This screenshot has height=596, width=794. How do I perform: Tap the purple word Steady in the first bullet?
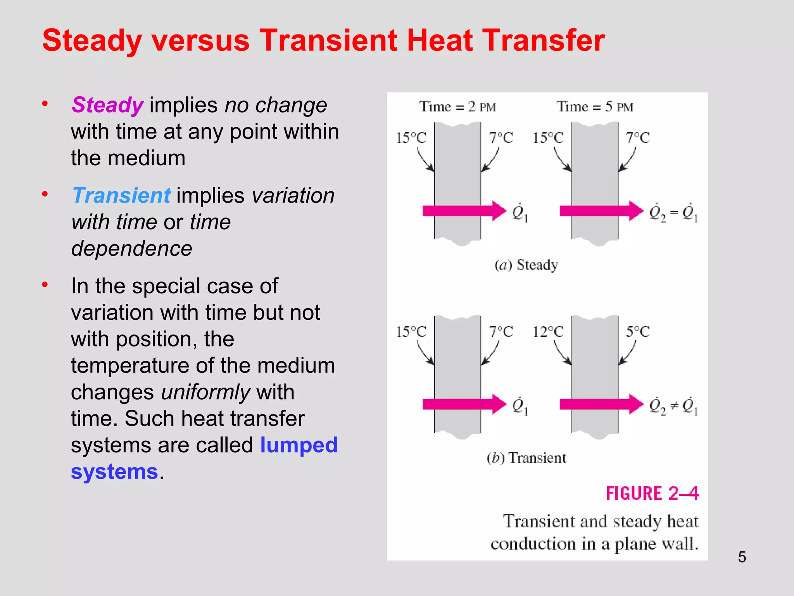coord(107,105)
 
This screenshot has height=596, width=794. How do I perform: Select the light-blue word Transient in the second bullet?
coord(121,195)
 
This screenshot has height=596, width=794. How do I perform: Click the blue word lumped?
coord(299,445)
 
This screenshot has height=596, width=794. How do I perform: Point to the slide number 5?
coord(742,557)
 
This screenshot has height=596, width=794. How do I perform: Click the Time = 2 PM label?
coord(457,107)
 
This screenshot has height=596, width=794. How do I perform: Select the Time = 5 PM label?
coord(595,107)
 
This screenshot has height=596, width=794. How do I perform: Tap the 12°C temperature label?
coord(548,332)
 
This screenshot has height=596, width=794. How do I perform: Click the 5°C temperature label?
coord(638,332)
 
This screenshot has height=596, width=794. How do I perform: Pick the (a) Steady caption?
coord(526,265)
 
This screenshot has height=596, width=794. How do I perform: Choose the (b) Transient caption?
coord(526,458)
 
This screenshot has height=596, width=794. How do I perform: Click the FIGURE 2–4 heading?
coord(652,494)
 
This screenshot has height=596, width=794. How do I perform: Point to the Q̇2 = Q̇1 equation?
coord(673,213)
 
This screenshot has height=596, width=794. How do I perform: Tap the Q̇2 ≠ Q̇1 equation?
coord(673,406)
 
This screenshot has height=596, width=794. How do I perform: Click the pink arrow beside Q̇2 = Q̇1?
coord(601,211)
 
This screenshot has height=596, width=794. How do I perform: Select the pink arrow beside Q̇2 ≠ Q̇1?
coord(601,404)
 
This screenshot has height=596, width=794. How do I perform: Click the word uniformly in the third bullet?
coord(206,392)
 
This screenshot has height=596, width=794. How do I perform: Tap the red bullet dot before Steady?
coord(45,104)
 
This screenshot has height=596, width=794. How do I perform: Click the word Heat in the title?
coord(440,40)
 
